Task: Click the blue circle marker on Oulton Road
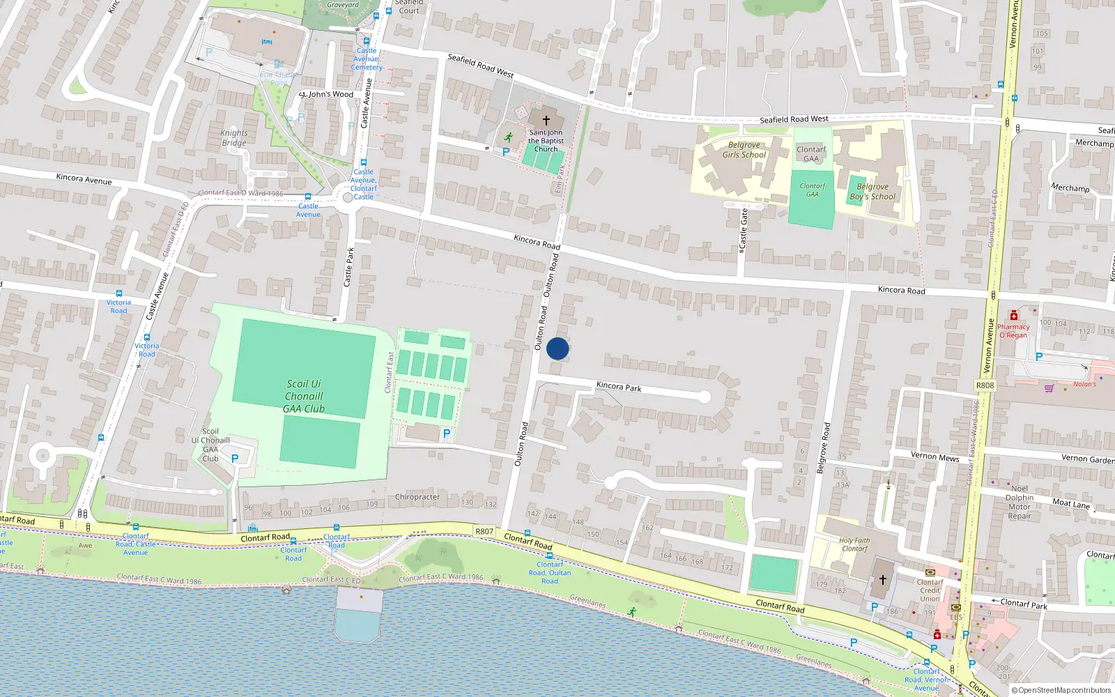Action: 557,348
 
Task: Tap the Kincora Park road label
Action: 618,387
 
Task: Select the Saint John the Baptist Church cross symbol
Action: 546,121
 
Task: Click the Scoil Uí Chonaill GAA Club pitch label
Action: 304,396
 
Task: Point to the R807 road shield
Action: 484,531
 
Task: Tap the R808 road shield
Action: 985,385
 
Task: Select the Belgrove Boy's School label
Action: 872,192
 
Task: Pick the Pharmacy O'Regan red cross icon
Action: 1014,316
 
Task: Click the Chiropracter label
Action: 417,497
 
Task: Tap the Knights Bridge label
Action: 234,138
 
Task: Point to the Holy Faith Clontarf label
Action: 854,544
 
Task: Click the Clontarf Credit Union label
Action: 930,590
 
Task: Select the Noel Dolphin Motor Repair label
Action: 1020,502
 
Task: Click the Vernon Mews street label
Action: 935,457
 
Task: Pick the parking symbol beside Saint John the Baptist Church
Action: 506,151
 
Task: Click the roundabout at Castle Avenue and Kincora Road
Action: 348,198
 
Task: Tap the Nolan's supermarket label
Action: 1084,384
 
